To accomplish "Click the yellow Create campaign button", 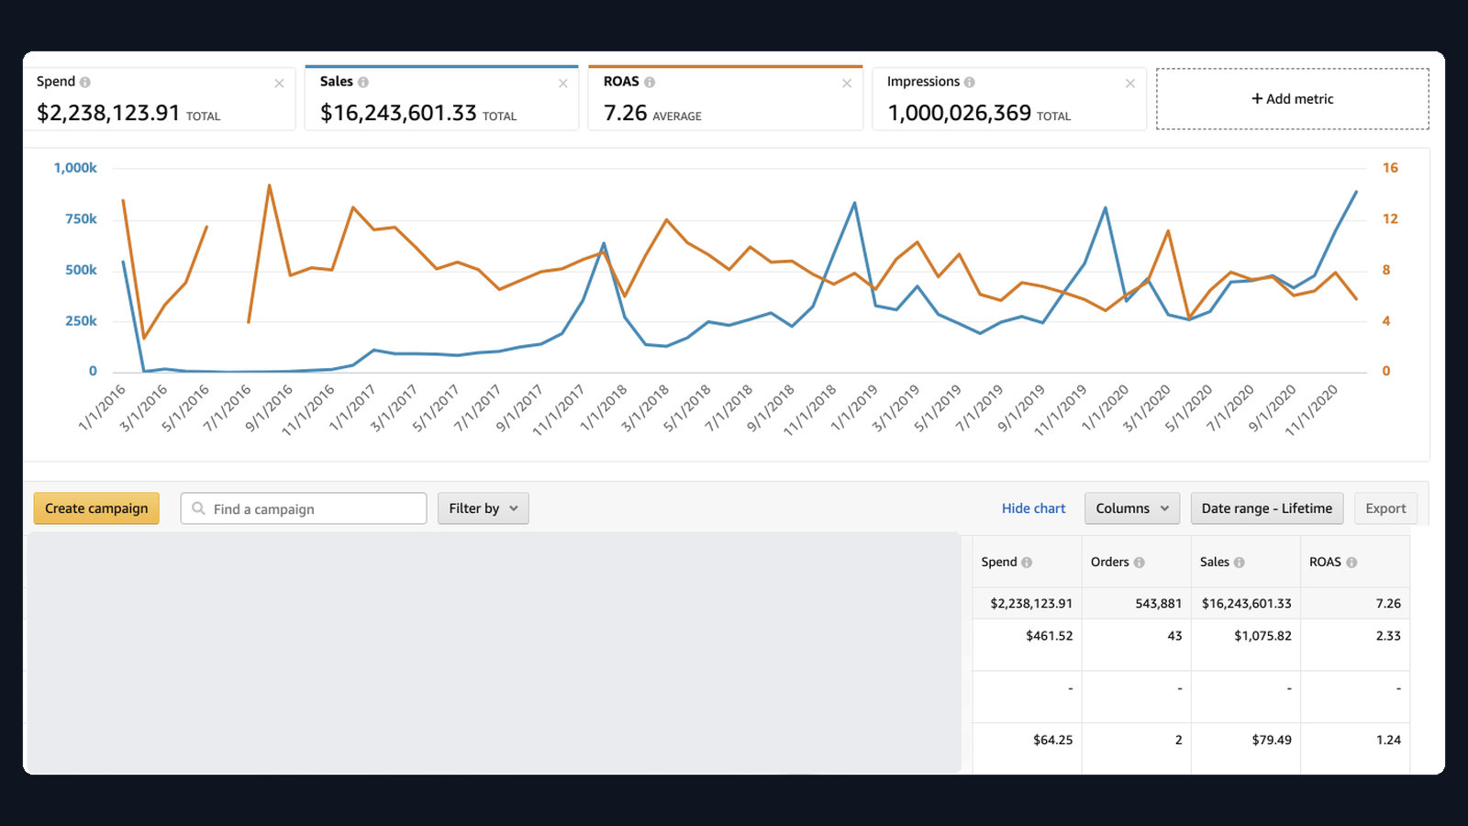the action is [x=96, y=508].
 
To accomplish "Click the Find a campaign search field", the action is [x=304, y=508].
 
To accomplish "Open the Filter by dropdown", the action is [x=483, y=508].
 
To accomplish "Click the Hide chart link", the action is [x=1033, y=508].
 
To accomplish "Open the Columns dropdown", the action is [x=1132, y=508].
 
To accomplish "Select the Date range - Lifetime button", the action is [x=1267, y=508].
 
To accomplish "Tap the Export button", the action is [x=1385, y=508].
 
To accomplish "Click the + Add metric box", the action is [x=1293, y=99].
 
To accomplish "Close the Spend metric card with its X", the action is [x=279, y=84].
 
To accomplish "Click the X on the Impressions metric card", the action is [x=1129, y=84].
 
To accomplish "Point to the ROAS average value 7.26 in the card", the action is [x=625, y=113].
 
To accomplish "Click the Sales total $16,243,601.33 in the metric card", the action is [x=398, y=113].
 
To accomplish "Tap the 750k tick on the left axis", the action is [x=81, y=219].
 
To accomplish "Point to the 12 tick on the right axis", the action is [x=1390, y=219].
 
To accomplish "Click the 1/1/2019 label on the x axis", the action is [x=854, y=408].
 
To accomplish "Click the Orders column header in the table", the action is [x=1109, y=562].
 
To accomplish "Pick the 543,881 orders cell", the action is [x=1158, y=603].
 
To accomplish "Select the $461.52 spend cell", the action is [x=1050, y=635].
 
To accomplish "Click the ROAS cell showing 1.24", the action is [x=1388, y=740].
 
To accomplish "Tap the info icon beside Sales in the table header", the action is [x=1239, y=563].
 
